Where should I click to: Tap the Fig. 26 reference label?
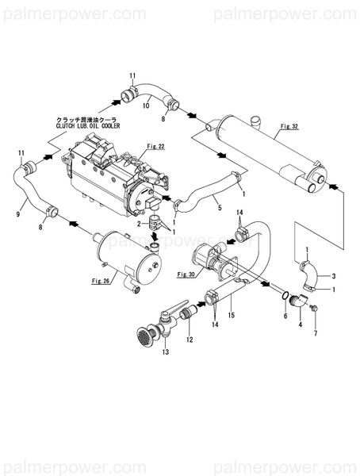100,280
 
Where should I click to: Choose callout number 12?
190,340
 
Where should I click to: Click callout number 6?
285,316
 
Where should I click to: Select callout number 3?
334,275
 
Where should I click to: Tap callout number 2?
138,225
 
